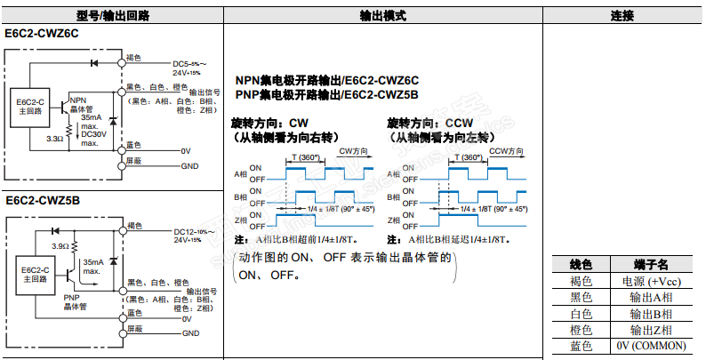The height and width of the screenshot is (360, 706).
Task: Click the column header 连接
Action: click(622, 15)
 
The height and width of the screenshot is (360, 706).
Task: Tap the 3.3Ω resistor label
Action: click(55, 139)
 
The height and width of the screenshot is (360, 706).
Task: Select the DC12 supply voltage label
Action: click(189, 233)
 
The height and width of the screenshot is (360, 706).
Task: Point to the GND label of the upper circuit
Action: click(189, 166)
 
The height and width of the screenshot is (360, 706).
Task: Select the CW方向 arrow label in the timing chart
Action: click(354, 152)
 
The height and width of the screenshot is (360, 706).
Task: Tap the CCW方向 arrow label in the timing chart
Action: click(509, 152)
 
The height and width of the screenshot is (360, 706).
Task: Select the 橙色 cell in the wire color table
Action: click(581, 329)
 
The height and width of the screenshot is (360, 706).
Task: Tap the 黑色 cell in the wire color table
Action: click(581, 297)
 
